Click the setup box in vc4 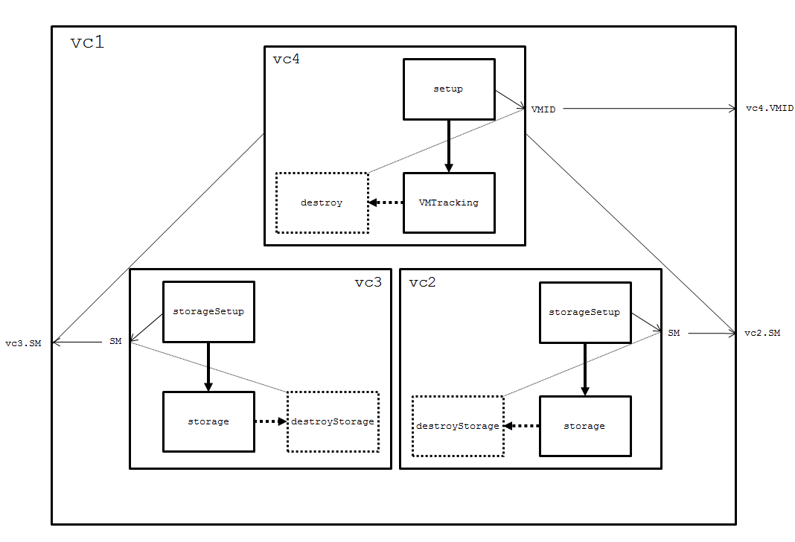pyautogui.click(x=448, y=89)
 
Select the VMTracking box pyautogui.click(x=448, y=203)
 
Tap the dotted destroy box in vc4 pyautogui.click(x=322, y=203)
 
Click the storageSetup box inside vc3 pyautogui.click(x=208, y=311)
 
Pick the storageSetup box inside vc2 pyautogui.click(x=584, y=312)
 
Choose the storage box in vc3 pyautogui.click(x=208, y=421)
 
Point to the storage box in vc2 pyautogui.click(x=584, y=426)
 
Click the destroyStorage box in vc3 pyautogui.click(x=333, y=421)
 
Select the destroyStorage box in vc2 pyautogui.click(x=458, y=426)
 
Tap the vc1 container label pyautogui.click(x=87, y=42)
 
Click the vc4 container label pyautogui.click(x=286, y=60)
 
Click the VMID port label pyautogui.click(x=543, y=109)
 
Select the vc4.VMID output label pyautogui.click(x=770, y=109)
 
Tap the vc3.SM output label pyautogui.click(x=23, y=343)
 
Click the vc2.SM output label pyautogui.click(x=763, y=333)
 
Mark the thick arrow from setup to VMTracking pyautogui.click(x=448, y=146)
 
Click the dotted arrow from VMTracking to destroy pyautogui.click(x=386, y=203)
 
